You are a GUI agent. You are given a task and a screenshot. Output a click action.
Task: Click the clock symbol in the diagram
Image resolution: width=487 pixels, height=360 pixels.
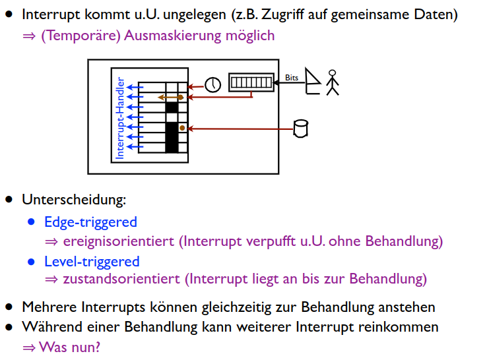tap(212, 85)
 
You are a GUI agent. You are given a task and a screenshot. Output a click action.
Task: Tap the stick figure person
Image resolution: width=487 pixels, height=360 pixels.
tap(332, 82)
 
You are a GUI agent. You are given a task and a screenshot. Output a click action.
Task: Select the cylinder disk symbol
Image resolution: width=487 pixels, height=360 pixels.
tap(301, 128)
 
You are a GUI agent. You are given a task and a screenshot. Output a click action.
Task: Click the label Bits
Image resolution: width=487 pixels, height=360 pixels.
tap(292, 77)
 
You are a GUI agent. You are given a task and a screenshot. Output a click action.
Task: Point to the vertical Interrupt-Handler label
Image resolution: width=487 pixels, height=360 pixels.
tap(121, 119)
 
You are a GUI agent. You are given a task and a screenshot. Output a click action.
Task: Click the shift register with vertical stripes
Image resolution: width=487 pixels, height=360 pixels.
tap(251, 82)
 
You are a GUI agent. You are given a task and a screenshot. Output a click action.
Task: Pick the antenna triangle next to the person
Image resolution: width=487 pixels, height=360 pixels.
tap(313, 82)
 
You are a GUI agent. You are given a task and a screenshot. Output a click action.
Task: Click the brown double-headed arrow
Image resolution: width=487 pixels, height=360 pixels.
tap(170, 98)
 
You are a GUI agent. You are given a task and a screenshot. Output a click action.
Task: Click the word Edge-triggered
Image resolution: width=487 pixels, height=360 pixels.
tap(90, 222)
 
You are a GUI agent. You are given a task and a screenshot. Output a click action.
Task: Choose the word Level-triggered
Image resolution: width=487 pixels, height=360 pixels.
tap(92, 262)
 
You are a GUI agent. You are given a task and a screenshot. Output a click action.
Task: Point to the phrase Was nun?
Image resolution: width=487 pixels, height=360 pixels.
tap(69, 347)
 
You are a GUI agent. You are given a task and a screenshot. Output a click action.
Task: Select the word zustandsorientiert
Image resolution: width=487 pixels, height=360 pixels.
tap(121, 279)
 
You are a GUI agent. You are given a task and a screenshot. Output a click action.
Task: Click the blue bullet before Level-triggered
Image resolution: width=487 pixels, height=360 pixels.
tap(31, 262)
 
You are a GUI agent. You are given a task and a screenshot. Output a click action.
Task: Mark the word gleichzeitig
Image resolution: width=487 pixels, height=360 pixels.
tap(265, 307)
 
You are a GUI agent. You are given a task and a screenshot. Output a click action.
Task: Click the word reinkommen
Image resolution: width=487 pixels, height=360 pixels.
tap(404, 327)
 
